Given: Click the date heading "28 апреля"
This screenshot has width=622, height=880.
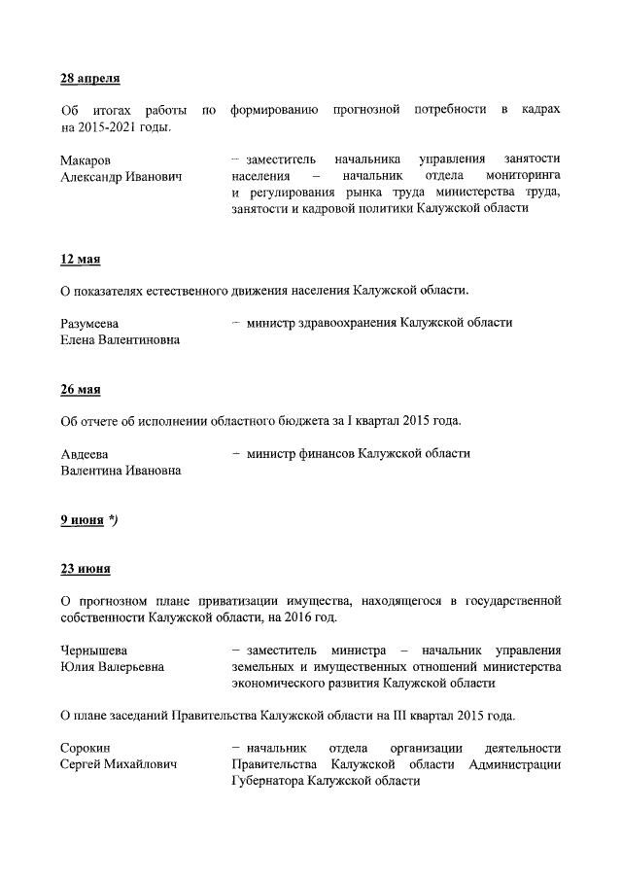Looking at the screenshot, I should [x=89, y=78].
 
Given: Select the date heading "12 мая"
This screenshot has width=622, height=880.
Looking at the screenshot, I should [x=80, y=260].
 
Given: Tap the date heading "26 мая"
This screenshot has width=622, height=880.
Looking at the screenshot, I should [x=80, y=390].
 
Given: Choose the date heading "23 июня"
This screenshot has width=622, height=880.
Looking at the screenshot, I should [x=85, y=569].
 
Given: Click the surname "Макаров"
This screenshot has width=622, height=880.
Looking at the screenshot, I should [x=86, y=159].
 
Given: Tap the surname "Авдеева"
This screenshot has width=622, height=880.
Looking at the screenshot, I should [x=85, y=454].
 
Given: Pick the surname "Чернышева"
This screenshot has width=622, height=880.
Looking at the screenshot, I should [x=94, y=650].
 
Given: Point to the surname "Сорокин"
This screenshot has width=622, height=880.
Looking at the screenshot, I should [x=86, y=748].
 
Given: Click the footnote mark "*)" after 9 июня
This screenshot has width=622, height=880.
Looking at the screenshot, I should [x=114, y=520].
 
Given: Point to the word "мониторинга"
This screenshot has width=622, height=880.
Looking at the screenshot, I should [x=522, y=176].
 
